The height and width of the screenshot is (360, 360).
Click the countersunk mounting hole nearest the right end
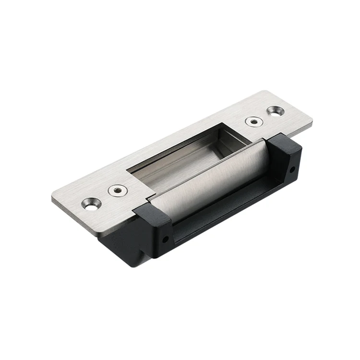pos(276,111)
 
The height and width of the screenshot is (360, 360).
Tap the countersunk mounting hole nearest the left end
pos(90,204)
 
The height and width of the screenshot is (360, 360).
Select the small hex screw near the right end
pos(253,121)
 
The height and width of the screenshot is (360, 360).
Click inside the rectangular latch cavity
pos(192,154)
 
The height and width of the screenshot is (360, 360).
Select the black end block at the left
pos(153,226)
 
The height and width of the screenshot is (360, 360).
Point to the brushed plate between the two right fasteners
pos(265,116)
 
